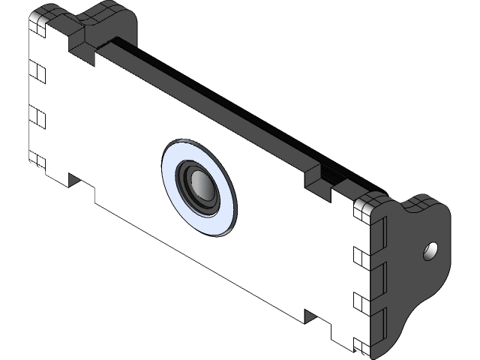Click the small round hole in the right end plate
coord(430,250)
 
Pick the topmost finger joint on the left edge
coord(37,25)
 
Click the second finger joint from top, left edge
coord(37,72)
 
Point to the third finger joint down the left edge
coord(37,118)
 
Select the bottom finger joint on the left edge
coord(37,160)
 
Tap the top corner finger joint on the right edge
coord(364,213)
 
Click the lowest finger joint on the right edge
coord(364,346)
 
